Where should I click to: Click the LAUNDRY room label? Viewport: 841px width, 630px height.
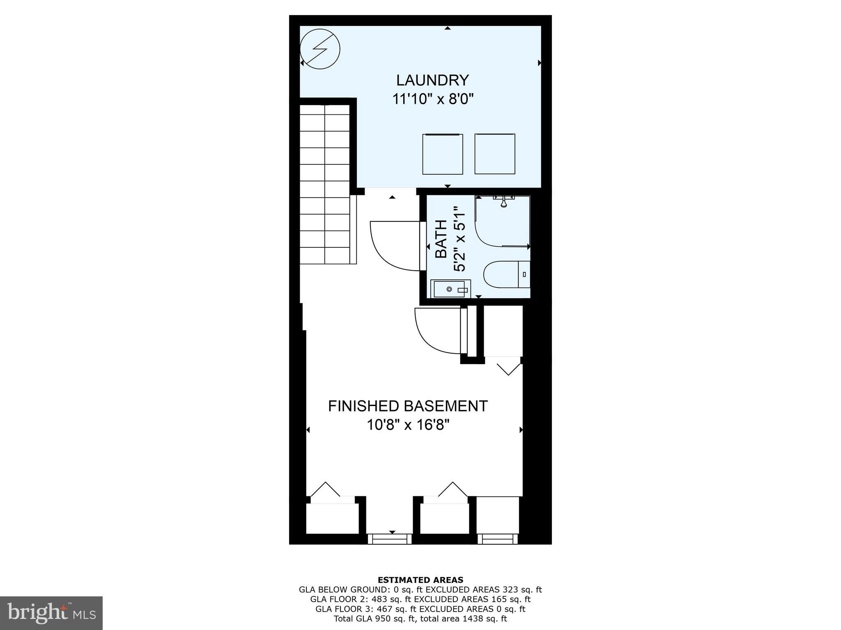pyautogui.click(x=432, y=80)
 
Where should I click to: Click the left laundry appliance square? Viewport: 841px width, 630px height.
pyautogui.click(x=443, y=154)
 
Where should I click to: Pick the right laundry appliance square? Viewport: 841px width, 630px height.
pyautogui.click(x=495, y=154)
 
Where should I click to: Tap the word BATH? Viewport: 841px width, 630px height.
pyautogui.click(x=441, y=239)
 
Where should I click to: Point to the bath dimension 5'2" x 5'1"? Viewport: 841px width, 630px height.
pyautogui.click(x=459, y=239)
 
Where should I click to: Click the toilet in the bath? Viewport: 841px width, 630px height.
pyautogui.click(x=506, y=274)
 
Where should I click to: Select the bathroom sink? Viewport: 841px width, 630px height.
pyautogui.click(x=450, y=289)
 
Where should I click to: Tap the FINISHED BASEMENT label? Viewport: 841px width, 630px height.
pyautogui.click(x=407, y=406)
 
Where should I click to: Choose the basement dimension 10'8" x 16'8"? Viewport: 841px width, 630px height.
pyautogui.click(x=408, y=425)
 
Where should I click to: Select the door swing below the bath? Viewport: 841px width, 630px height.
pyautogui.click(x=438, y=331)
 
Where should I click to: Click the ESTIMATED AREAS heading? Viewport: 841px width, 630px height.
pyautogui.click(x=420, y=580)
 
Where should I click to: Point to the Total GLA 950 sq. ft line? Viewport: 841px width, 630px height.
pyautogui.click(x=420, y=619)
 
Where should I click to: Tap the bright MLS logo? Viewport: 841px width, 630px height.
pyautogui.click(x=51, y=613)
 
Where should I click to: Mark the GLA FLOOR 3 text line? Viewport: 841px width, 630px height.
pyautogui.click(x=420, y=609)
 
